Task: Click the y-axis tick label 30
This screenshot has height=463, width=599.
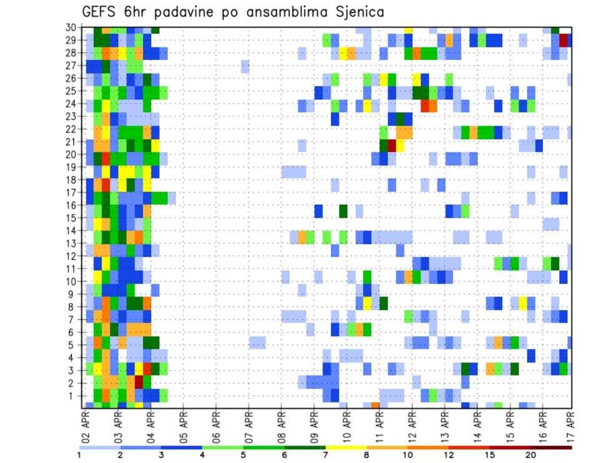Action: point(71,27)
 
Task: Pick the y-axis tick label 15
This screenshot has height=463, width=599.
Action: point(71,218)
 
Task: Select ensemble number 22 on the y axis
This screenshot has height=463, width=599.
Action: point(71,129)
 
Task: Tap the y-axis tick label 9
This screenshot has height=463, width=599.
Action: point(73,294)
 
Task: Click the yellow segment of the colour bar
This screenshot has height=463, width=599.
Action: point(346,447)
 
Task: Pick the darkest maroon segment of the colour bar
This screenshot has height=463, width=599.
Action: point(551,447)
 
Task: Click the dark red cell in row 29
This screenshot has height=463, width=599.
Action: point(563,41)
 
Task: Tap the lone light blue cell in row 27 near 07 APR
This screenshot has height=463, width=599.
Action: point(245,66)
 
